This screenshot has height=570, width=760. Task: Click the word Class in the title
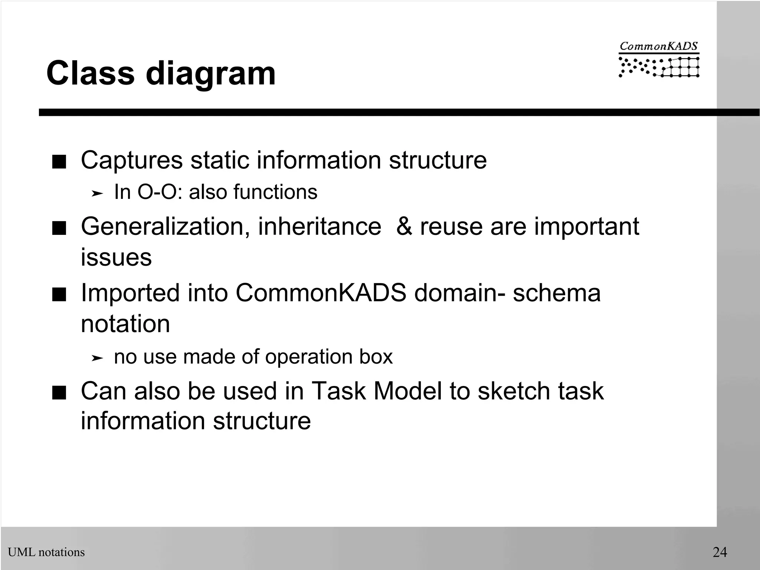click(x=90, y=73)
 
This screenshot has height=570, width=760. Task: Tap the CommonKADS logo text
click(x=659, y=46)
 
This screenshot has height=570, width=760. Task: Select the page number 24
click(x=720, y=552)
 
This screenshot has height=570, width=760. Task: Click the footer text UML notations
click(x=46, y=552)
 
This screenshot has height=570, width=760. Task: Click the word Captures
click(x=132, y=160)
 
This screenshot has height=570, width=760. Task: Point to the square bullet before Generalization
click(x=59, y=229)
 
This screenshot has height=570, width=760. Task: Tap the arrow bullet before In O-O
click(x=97, y=193)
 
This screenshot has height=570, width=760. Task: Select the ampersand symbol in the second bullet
click(x=404, y=226)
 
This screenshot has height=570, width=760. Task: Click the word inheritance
click(x=320, y=226)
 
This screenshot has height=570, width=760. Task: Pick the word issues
click(x=116, y=257)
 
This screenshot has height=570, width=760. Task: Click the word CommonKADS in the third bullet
click(x=321, y=293)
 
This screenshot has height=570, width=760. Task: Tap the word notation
click(x=125, y=324)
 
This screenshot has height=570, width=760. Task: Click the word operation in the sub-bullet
click(x=309, y=357)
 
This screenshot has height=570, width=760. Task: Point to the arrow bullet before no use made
click(x=97, y=358)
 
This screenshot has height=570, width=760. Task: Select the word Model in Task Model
click(x=408, y=391)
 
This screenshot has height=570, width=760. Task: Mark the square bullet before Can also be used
click(x=59, y=393)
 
